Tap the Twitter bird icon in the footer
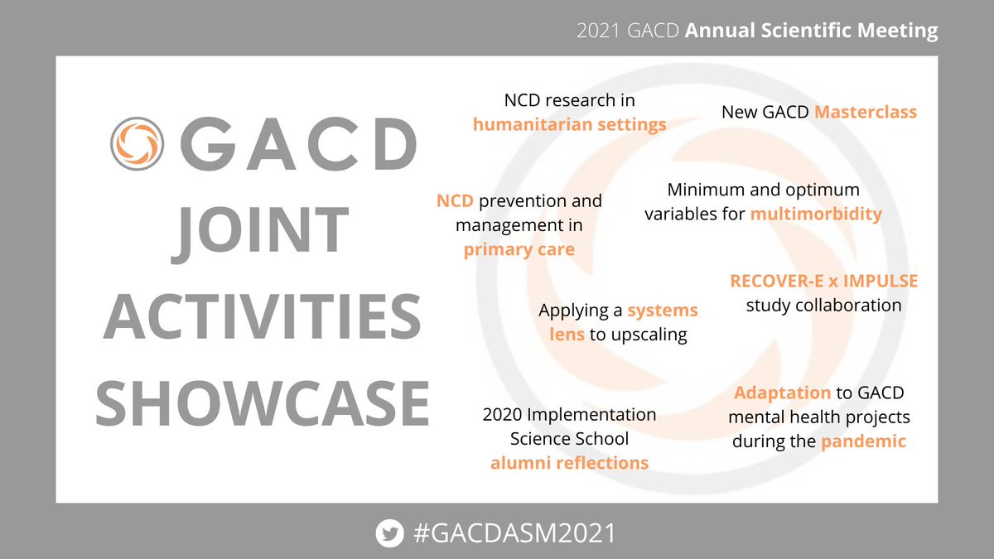tap(388, 532)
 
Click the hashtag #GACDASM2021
tap(514, 532)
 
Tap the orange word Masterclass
tap(866, 111)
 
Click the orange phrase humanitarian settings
tap(569, 124)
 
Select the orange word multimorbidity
tap(816, 214)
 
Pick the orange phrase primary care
tap(519, 248)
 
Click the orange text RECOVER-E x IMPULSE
tap(823, 281)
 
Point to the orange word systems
tap(662, 311)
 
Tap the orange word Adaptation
tap(782, 392)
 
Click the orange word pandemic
tap(863, 441)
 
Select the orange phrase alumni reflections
tap(569, 462)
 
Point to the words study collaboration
tap(823, 305)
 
